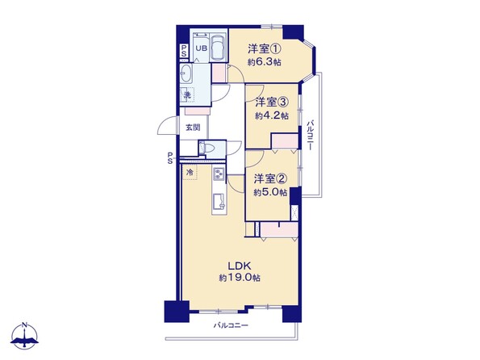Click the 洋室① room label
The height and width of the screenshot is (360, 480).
pos(265,48)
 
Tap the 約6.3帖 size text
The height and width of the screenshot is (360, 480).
pos(265,62)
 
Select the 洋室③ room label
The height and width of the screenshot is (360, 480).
pos(272,102)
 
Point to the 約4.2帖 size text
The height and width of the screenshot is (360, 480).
pos(272,115)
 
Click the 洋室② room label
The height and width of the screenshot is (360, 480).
pos(270,178)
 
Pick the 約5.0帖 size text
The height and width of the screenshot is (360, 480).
pos(270,192)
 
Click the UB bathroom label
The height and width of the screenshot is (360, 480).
pos(201,48)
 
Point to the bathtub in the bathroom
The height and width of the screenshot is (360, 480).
pos(219,47)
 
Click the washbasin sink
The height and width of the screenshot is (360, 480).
pos(186,73)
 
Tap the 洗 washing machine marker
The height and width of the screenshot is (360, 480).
pos(187,95)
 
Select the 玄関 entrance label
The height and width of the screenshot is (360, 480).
pos(193,128)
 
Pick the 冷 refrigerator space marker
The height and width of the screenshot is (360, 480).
pos(190,172)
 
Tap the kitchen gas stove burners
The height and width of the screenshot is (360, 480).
pos(219,174)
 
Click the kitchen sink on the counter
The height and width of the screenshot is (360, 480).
pos(219,201)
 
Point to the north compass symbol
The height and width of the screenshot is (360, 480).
pos(24,335)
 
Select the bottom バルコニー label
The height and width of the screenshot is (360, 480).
pos(231,325)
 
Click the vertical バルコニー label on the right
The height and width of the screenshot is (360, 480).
pos(310,135)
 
